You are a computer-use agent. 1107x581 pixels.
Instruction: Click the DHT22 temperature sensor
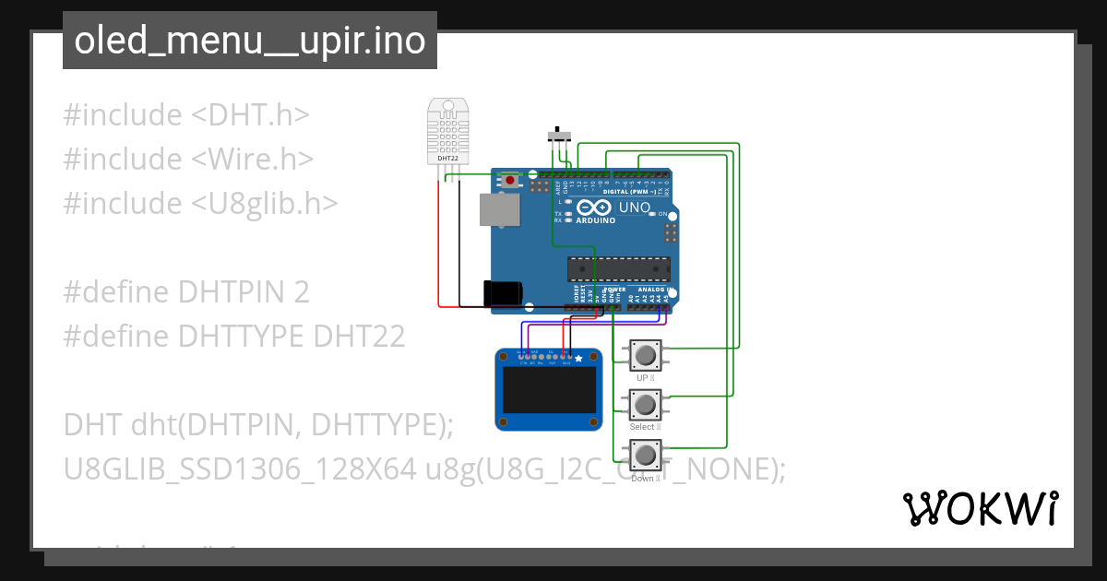[447, 131]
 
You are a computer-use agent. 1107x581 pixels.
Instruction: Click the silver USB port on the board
[498, 211]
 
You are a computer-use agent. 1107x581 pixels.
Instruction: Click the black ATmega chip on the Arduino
[617, 268]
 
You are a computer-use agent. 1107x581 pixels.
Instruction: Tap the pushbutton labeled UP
[645, 355]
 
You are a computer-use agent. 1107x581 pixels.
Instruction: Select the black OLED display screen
[549, 390]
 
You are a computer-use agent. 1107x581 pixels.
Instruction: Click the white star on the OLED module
[578, 358]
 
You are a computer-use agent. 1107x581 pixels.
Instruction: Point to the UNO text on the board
[634, 207]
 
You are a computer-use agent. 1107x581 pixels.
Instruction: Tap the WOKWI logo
[980, 508]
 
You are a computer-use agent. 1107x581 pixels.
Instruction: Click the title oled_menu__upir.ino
[250, 41]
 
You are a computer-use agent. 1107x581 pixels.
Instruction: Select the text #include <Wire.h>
[188, 159]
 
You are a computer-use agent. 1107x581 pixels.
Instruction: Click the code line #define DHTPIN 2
[185, 291]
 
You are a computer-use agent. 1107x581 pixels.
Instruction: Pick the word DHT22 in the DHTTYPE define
[359, 336]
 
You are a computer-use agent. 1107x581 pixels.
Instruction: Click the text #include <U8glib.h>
[199, 203]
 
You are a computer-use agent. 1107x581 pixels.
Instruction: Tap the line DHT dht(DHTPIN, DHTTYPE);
[258, 425]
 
